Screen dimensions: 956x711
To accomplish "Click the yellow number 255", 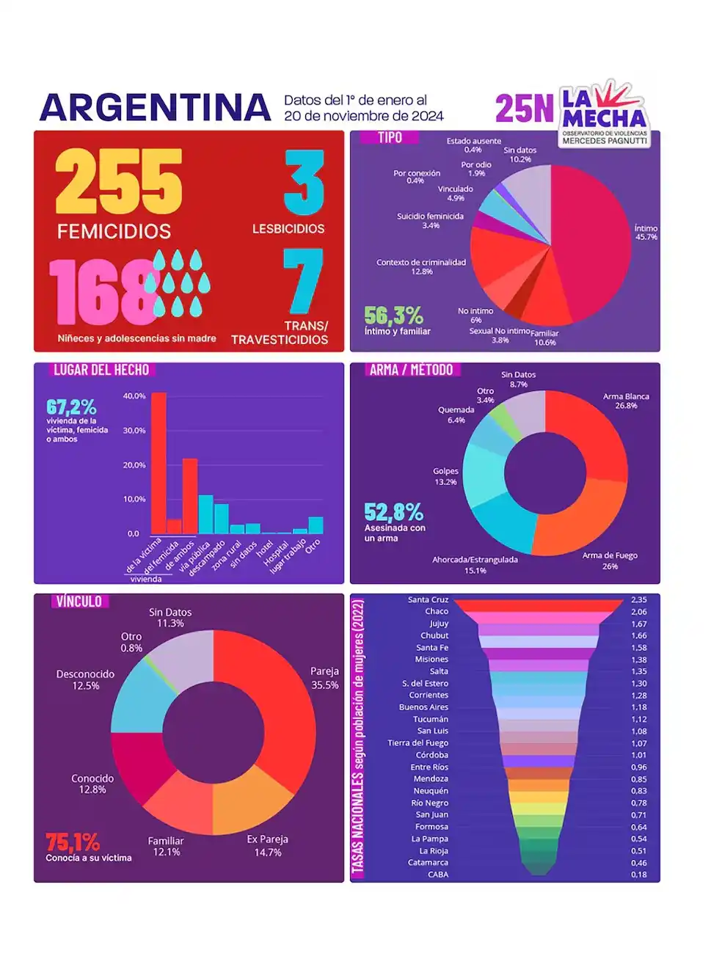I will [x=118, y=180].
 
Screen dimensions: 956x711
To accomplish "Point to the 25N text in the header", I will [x=524, y=109].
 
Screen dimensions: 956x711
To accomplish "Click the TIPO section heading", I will [x=390, y=137].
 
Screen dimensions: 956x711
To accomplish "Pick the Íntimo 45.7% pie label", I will [x=646, y=233].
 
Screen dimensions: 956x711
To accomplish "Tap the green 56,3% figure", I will [x=393, y=315].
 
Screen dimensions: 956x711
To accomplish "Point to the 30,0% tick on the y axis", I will [x=134, y=431].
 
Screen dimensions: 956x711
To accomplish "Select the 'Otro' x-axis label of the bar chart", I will [x=313, y=547].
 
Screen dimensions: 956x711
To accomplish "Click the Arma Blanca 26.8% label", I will [x=626, y=401].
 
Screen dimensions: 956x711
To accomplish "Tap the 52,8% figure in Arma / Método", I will [x=393, y=511].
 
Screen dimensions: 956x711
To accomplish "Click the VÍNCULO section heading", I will [x=79, y=602].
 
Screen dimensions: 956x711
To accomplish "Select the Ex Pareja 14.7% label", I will [x=267, y=845].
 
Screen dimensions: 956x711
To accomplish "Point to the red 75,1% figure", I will [x=73, y=842].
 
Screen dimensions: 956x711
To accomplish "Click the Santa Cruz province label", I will [x=428, y=600].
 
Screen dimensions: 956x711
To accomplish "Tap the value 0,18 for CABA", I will [x=638, y=875].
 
